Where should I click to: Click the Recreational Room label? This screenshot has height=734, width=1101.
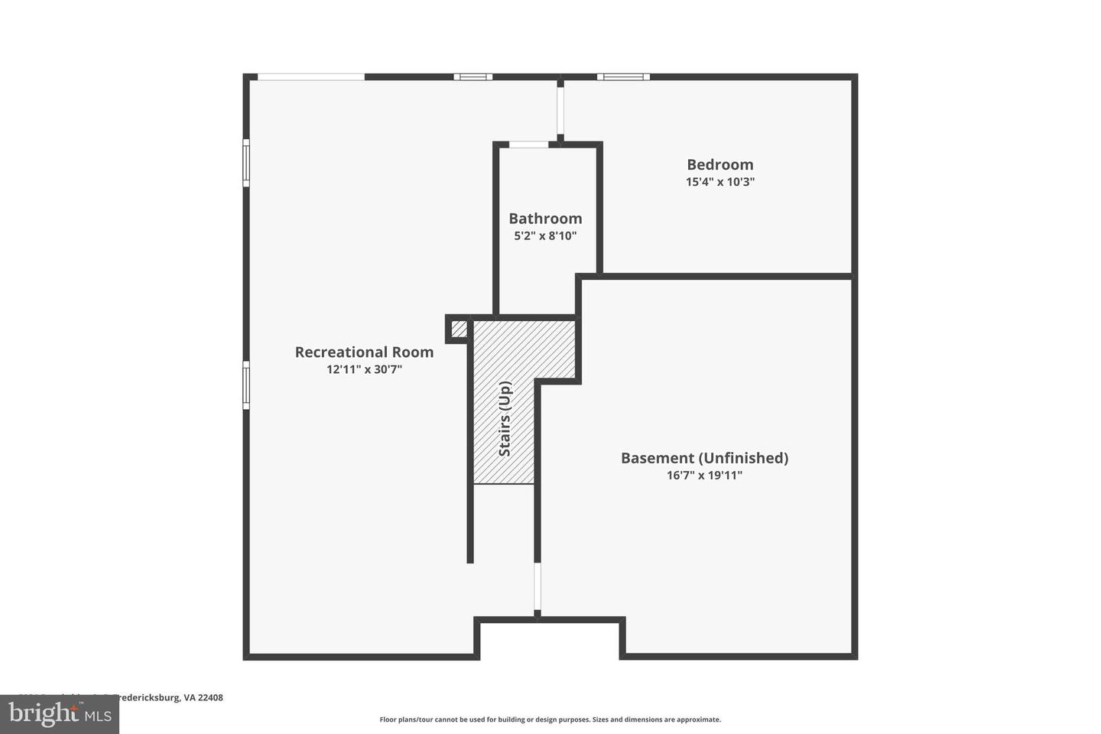[x=364, y=352]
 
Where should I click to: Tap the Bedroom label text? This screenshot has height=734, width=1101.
[x=719, y=164]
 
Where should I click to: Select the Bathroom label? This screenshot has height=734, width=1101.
[x=545, y=219]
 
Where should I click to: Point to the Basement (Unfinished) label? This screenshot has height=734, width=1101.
[x=704, y=458]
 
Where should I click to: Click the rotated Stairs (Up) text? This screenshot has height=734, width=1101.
[x=505, y=419]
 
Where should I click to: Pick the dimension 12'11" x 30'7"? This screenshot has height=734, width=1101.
[x=364, y=369]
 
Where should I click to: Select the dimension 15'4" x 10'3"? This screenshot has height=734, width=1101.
[x=719, y=182]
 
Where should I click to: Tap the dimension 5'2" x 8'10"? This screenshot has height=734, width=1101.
[x=545, y=236]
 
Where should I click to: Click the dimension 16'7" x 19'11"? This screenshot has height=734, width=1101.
[x=704, y=476]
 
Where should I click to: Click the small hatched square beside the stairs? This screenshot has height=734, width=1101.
[x=458, y=329]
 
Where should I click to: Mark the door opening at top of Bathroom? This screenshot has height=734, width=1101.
[x=529, y=145]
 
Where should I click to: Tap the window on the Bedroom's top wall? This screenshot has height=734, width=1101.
[x=623, y=76]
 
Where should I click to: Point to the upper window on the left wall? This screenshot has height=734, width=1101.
[x=246, y=162]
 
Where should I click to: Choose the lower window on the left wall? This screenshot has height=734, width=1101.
[x=246, y=385]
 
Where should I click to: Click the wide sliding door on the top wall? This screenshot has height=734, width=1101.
[x=310, y=76]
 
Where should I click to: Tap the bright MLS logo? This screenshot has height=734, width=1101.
[x=59, y=714]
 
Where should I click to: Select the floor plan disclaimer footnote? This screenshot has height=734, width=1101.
[x=550, y=719]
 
